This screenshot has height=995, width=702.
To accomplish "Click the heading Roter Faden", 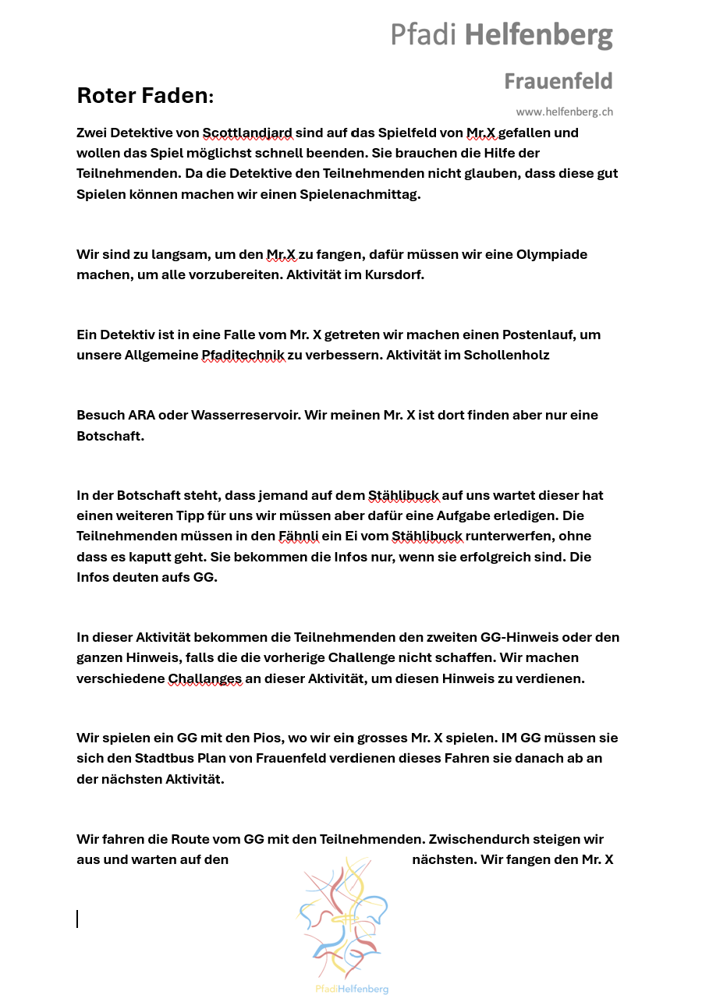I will (x=144, y=96).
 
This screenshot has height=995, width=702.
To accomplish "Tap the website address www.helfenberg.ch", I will (x=564, y=112).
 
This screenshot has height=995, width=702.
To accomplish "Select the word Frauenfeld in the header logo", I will (x=558, y=81).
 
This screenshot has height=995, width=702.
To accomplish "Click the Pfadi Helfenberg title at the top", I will (x=502, y=35).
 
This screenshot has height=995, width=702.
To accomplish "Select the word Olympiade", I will (x=551, y=254).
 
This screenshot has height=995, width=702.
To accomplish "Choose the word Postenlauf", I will (x=532, y=335).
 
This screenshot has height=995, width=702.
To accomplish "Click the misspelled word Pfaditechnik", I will (x=243, y=355).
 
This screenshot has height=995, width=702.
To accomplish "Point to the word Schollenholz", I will (x=506, y=355).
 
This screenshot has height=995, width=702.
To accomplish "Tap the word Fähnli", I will (x=299, y=536).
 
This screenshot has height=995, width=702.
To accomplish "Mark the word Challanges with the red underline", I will (x=205, y=678).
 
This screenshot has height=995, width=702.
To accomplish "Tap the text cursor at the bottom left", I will (x=77, y=919).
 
